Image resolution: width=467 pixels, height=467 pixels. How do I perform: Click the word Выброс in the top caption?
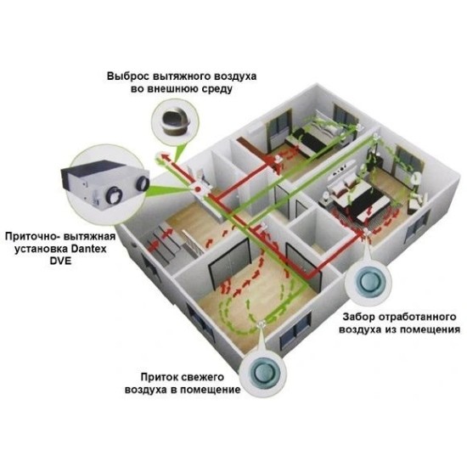click(127, 76)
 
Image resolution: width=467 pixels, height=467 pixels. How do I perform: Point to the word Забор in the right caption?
click(359, 317)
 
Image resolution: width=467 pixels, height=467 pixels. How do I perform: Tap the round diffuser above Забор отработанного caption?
click(369, 281)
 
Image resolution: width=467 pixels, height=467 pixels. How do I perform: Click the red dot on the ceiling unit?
click(197, 188)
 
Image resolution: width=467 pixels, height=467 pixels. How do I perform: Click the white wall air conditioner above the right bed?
click(345, 167)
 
